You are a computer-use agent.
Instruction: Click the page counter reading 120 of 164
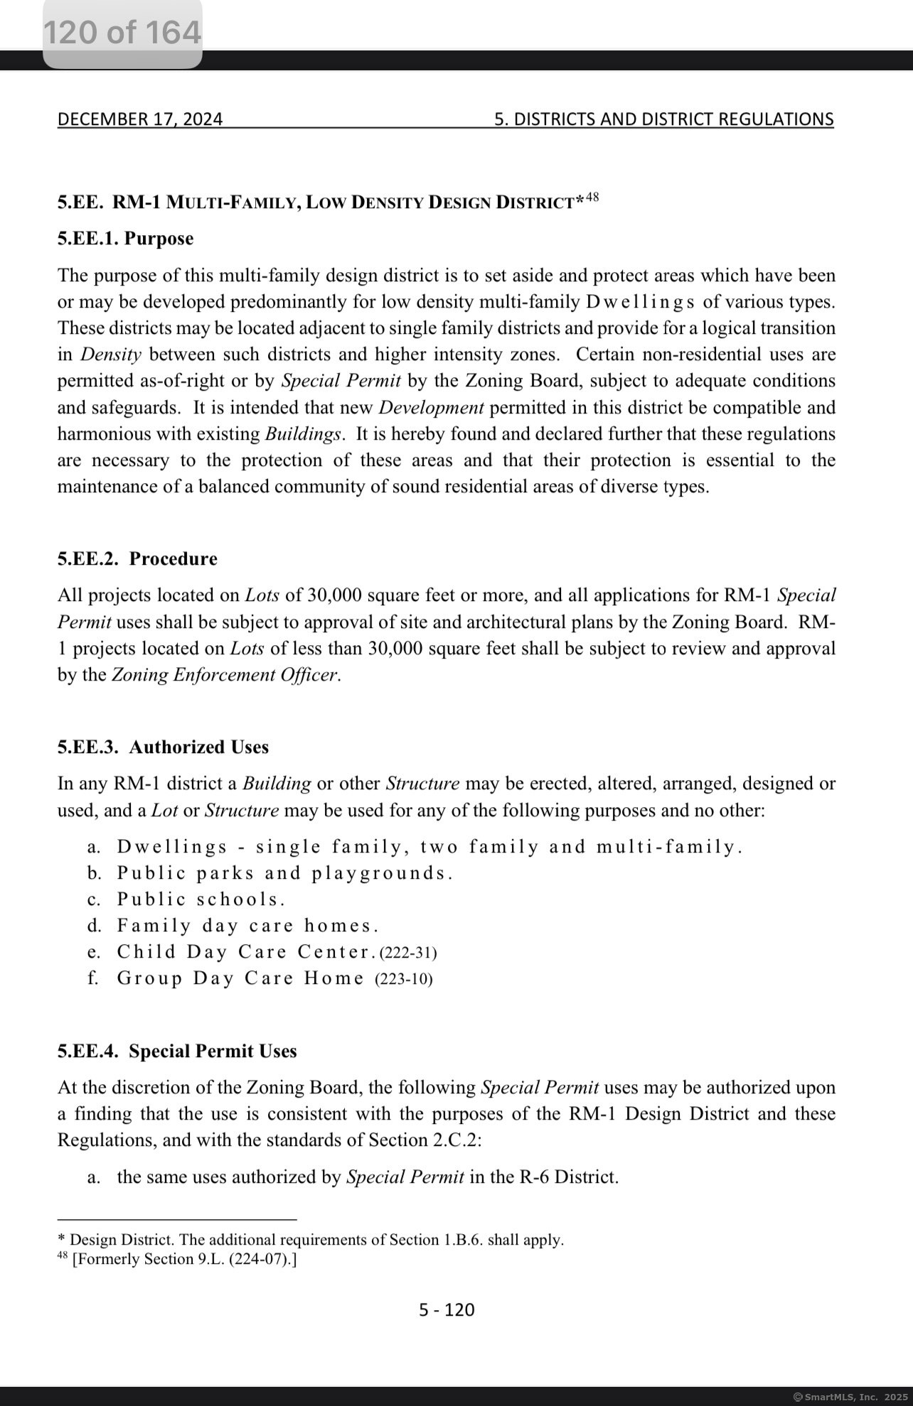click(x=122, y=33)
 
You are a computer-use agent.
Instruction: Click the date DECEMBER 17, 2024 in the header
click(x=140, y=119)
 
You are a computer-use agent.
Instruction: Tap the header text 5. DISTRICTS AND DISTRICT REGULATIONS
click(x=663, y=119)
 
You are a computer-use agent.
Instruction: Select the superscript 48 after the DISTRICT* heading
click(x=592, y=197)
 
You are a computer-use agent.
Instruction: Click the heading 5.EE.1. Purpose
click(x=125, y=239)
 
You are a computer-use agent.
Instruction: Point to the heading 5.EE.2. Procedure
click(x=137, y=559)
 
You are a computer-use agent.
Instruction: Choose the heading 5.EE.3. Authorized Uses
click(x=163, y=747)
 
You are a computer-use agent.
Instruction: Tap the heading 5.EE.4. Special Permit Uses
click(x=177, y=1051)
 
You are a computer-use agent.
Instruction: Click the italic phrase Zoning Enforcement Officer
click(x=225, y=675)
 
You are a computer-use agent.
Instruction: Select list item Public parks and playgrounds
click(x=284, y=873)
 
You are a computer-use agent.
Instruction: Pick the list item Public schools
click(x=201, y=899)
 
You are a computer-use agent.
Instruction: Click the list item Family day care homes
click(x=247, y=926)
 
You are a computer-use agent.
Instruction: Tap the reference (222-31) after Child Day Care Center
click(x=408, y=953)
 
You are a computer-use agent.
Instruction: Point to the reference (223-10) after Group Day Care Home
click(x=403, y=979)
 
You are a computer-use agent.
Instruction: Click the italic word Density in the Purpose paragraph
click(x=110, y=355)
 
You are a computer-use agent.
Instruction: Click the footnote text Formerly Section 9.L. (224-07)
click(x=184, y=1259)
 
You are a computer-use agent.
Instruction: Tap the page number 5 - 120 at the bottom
click(x=447, y=1309)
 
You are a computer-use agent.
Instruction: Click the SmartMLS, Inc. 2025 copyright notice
click(x=850, y=1397)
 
